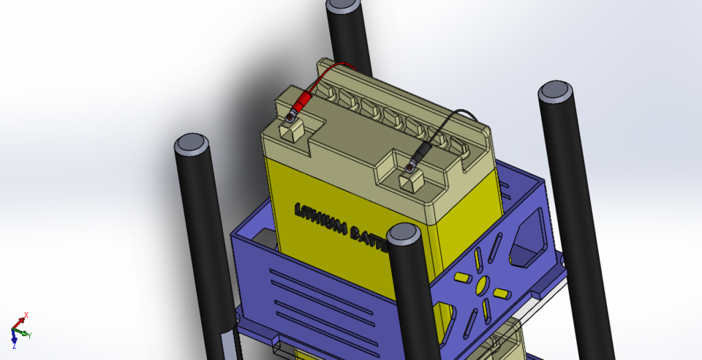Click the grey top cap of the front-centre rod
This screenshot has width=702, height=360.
point(404,234)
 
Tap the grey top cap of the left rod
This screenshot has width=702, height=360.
point(192,143)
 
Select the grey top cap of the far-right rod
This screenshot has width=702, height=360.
point(555,91)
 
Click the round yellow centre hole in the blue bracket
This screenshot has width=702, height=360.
point(481,285)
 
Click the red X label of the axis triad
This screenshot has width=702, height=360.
point(26,315)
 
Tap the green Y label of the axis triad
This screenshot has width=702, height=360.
point(29,335)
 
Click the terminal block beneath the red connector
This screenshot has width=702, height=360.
point(291,130)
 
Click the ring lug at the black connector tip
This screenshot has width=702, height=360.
point(409,169)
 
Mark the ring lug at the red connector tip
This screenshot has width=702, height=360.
point(292,116)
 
